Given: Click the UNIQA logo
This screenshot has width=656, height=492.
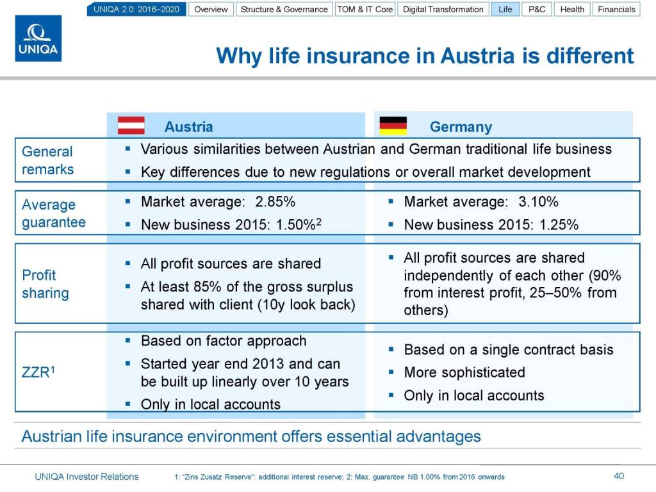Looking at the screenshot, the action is (38, 38).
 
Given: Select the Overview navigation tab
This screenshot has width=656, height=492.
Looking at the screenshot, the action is (211, 9).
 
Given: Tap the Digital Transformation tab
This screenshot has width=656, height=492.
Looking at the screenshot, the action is (443, 9).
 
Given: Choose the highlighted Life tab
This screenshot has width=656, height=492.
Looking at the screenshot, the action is (505, 9).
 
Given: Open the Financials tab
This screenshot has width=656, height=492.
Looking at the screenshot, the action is (616, 9).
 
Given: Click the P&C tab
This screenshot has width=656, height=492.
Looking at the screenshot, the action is (537, 9).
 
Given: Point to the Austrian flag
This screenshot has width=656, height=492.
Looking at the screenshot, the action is (131, 126).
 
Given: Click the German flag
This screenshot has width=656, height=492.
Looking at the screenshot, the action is (393, 126).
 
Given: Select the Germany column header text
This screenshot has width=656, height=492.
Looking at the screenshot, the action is (461, 127).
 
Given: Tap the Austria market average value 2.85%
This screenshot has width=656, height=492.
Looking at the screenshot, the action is (275, 202).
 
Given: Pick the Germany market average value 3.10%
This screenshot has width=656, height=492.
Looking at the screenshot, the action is (538, 202).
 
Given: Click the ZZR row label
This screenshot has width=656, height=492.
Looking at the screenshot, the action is (38, 372).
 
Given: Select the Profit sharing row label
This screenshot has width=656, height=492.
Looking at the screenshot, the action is (45, 284).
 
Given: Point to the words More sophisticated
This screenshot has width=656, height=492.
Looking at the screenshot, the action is (464, 372).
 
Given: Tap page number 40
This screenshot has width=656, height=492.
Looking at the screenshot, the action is (619, 476).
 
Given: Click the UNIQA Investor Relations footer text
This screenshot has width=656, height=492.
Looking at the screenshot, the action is (86, 477).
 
